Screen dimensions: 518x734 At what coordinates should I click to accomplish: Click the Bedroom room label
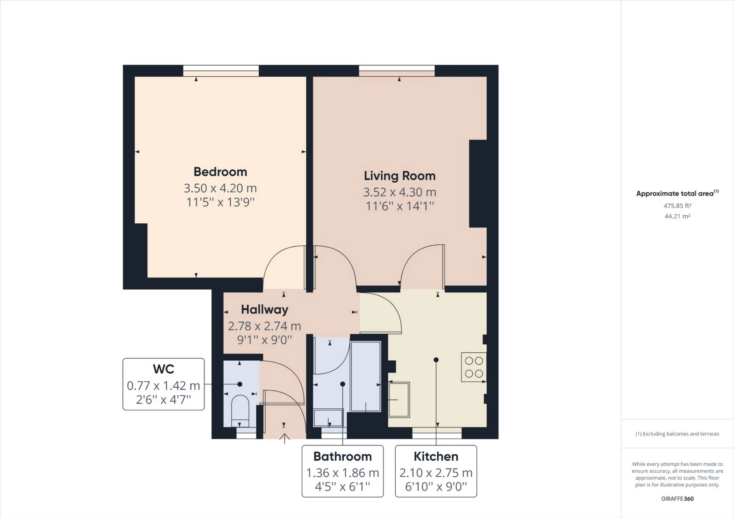pyautogui.click(x=220, y=172)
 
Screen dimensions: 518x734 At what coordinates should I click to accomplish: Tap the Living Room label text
pyautogui.click(x=399, y=176)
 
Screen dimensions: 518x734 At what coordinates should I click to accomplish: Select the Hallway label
pyautogui.click(x=265, y=310)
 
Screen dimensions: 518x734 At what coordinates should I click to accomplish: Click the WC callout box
pyautogui.click(x=163, y=384)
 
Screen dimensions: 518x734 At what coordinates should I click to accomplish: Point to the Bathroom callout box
pyautogui.click(x=343, y=471)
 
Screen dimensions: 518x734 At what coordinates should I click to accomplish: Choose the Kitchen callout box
pyautogui.click(x=436, y=471)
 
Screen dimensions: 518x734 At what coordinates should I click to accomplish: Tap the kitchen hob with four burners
pyautogui.click(x=474, y=367)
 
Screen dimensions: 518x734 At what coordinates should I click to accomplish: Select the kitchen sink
pyautogui.click(x=399, y=400)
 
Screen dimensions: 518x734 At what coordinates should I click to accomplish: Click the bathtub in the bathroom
pyautogui.click(x=366, y=376)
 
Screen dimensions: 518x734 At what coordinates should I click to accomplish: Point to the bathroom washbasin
pyautogui.click(x=328, y=418)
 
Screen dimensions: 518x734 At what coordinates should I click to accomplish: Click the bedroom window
pyautogui.click(x=221, y=71)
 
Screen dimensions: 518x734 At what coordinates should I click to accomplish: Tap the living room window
pyautogui.click(x=397, y=71)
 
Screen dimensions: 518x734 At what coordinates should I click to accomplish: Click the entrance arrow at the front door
pyautogui.click(x=284, y=439)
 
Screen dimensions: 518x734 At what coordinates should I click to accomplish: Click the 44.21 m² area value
pyautogui.click(x=677, y=216)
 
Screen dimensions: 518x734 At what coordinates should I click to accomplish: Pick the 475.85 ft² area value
pyautogui.click(x=677, y=206)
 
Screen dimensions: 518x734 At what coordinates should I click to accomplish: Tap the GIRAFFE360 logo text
pyautogui.click(x=677, y=499)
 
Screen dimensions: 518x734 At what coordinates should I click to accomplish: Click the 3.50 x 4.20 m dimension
pyautogui.click(x=220, y=188)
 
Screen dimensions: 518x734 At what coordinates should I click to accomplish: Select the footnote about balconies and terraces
pyautogui.click(x=677, y=434)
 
